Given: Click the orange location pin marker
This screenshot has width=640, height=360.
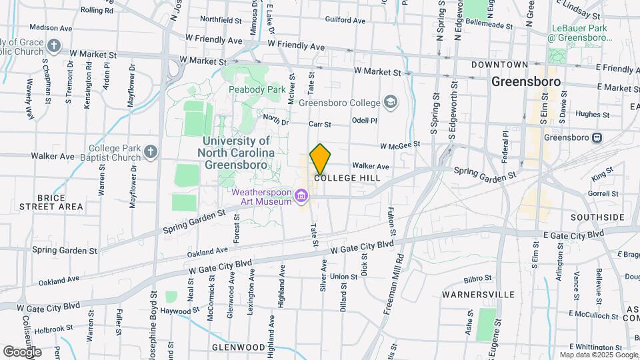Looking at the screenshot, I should pos(320,158).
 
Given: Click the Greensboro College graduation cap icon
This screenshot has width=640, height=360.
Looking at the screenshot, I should pos(391,102).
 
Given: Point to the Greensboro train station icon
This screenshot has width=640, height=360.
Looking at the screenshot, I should pos(597,138).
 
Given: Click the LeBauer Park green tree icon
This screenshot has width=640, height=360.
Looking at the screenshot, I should pos(557,55).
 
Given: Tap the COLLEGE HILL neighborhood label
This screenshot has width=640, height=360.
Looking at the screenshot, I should pos(347,179).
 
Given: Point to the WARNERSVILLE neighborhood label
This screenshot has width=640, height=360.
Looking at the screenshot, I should pos(482,294).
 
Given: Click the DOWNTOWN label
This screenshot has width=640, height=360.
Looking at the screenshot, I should pos(499,65).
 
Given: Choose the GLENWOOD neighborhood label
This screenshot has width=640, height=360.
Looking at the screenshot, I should pos(238,347).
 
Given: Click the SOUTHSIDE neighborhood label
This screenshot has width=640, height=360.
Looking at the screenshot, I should pos(597,217).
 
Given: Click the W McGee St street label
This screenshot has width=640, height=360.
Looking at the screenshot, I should pos(400,144).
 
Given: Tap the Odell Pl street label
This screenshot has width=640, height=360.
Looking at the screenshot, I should pos(365,121).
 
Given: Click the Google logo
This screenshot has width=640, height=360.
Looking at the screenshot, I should pos(22,351).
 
